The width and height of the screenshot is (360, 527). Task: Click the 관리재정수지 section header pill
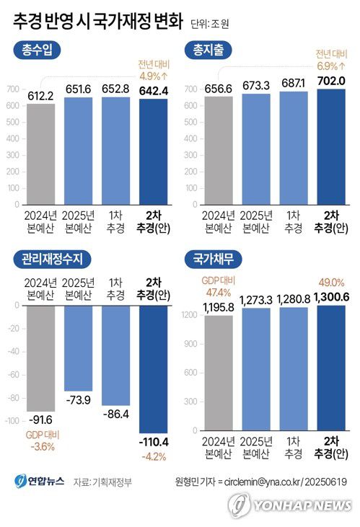(x=51, y=257)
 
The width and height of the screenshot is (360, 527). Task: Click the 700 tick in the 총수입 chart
(x=13, y=89)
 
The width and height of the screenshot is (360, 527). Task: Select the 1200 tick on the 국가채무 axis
(x=189, y=315)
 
